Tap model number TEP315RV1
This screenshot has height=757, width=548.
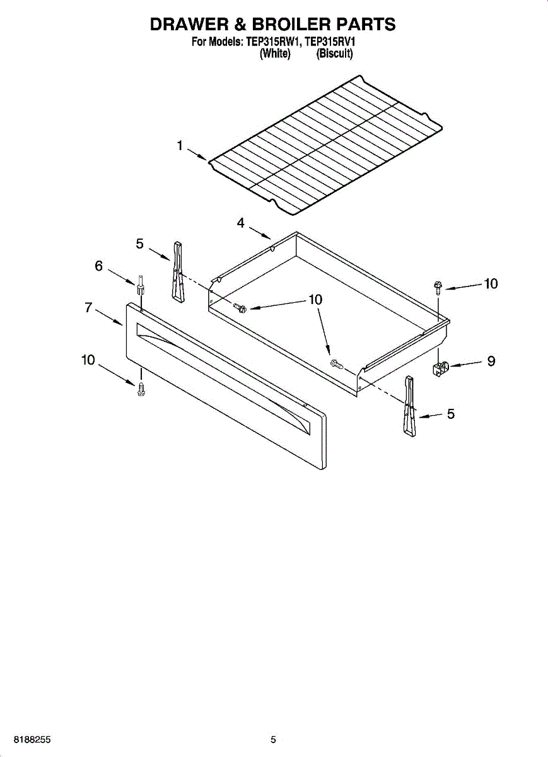pyautogui.click(x=330, y=43)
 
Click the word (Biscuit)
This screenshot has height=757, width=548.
pyautogui.click(x=334, y=54)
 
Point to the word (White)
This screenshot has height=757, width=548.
pyautogui.click(x=275, y=54)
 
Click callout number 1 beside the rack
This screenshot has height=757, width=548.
pyautogui.click(x=180, y=146)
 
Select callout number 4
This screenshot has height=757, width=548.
pyautogui.click(x=241, y=223)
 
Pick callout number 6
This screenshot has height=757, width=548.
pyautogui.click(x=98, y=266)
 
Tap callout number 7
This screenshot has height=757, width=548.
pyautogui.click(x=89, y=307)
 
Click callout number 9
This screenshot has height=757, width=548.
pyautogui.click(x=490, y=361)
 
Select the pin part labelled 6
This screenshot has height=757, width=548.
pyautogui.click(x=140, y=287)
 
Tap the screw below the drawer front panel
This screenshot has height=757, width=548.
pyautogui.click(x=141, y=389)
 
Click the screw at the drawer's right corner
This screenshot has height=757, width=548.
pyautogui.click(x=436, y=286)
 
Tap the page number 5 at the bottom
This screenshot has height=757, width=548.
pyautogui.click(x=273, y=739)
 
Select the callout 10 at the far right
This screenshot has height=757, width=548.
pyautogui.click(x=491, y=284)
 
